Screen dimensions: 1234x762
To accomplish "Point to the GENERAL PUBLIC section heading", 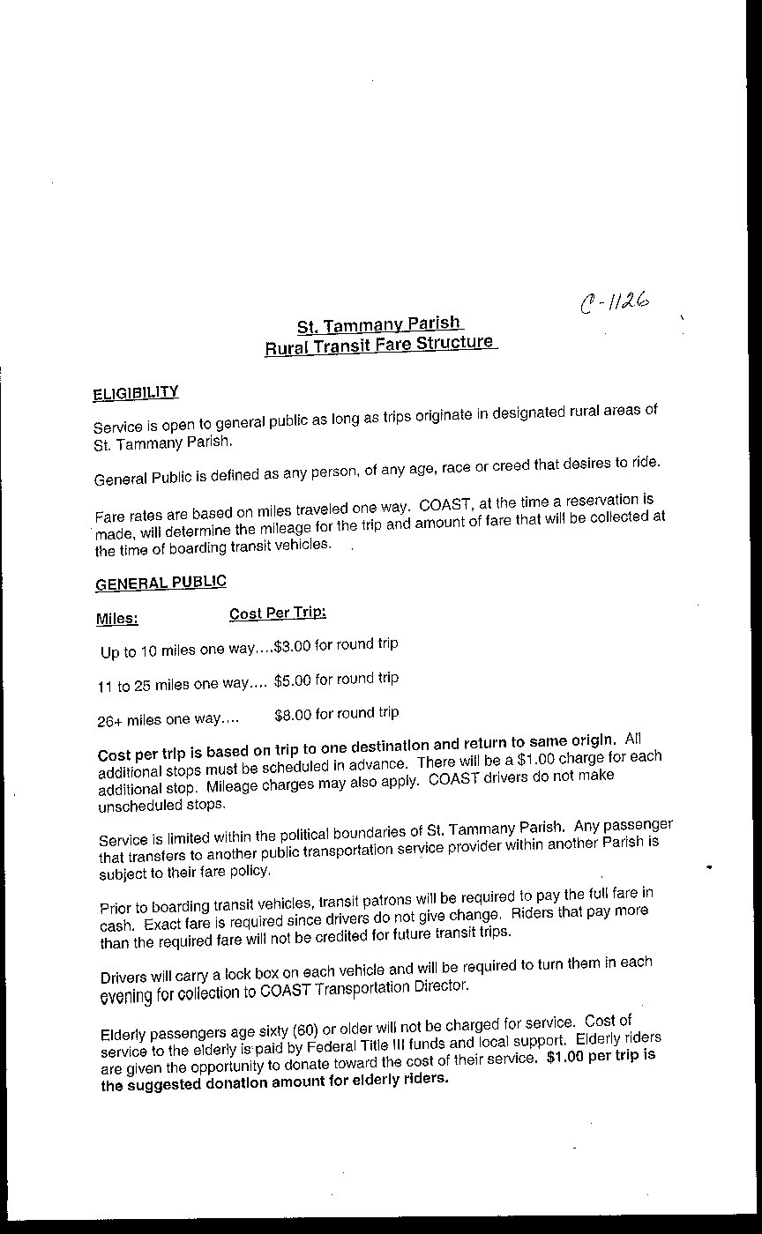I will pos(161,583).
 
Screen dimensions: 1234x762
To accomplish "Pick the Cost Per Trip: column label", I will pos(278,613).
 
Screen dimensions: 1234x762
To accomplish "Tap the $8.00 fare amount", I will pos(293,715).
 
